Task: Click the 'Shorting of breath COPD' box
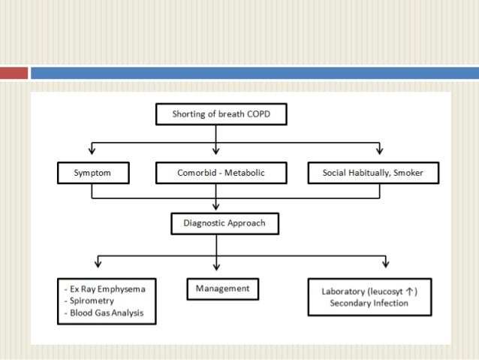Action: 216,115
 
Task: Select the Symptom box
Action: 92,174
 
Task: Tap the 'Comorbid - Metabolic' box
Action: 216,174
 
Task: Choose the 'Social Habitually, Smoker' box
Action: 373,174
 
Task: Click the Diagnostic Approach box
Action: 216,223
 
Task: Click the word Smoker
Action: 406,174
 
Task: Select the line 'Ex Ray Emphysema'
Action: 107,289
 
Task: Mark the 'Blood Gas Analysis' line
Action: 108,313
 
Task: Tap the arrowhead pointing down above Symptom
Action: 92,150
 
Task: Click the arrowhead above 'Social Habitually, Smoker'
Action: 379,150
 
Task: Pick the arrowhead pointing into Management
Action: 216,268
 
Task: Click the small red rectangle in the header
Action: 14,73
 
